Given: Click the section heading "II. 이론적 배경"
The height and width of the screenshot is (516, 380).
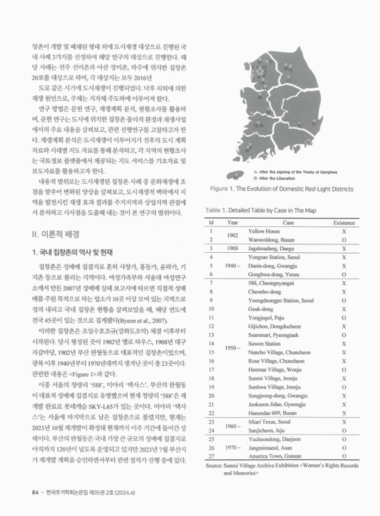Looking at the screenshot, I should point(54,231).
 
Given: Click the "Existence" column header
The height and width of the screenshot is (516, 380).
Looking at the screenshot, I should point(345,222).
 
